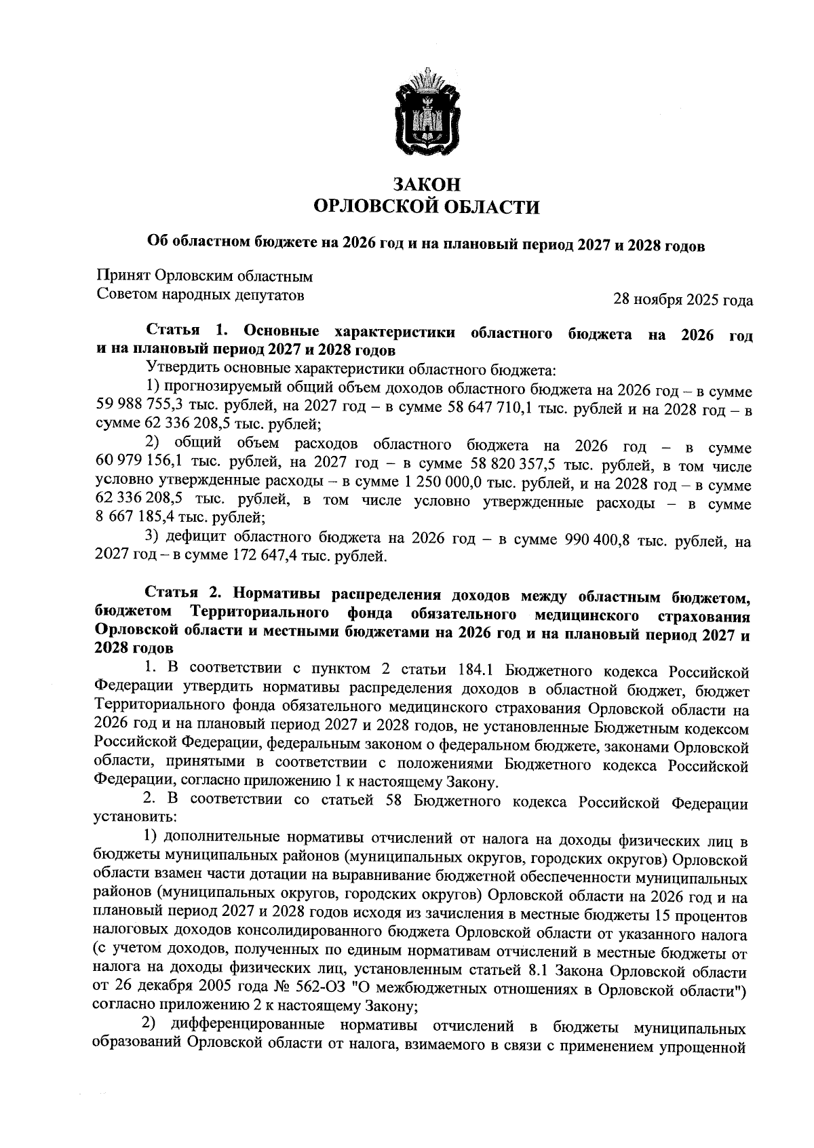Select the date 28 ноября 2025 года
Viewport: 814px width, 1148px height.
tap(682, 299)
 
